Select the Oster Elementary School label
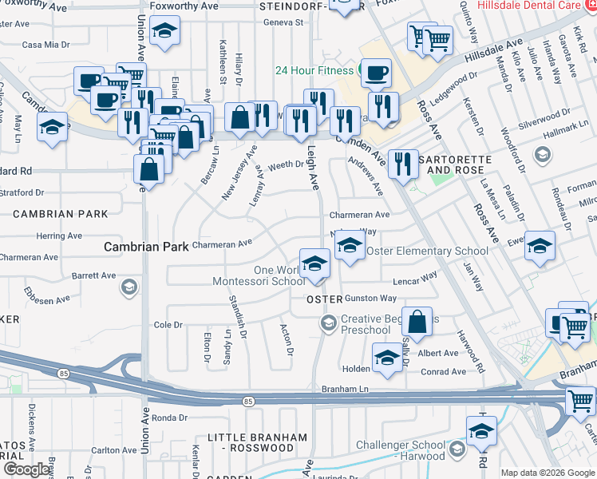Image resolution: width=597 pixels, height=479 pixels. (427, 251)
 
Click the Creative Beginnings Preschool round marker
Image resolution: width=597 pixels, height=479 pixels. (327, 323)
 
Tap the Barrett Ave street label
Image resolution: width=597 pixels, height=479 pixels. (94, 275)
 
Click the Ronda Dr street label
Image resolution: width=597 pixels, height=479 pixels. (168, 418)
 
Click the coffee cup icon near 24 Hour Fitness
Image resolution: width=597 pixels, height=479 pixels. (376, 73)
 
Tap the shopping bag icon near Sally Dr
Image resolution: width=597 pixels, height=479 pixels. (417, 322)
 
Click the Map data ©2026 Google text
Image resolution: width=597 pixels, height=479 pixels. (548, 473)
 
